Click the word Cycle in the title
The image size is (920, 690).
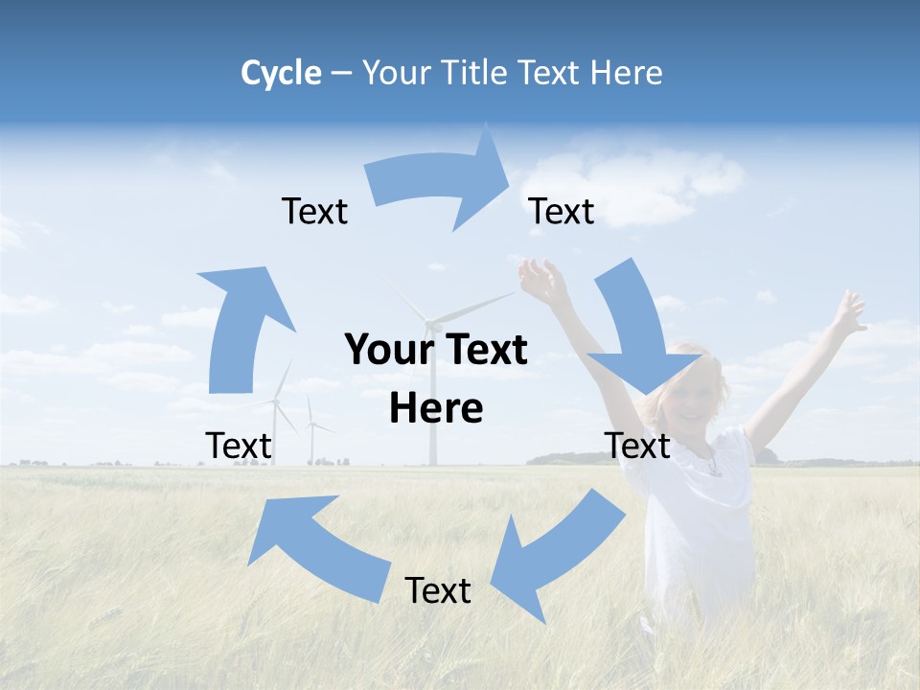[281, 73]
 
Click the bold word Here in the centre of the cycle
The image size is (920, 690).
[436, 409]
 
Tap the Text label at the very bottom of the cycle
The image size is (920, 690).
[438, 591]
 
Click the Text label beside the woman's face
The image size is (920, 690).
[638, 446]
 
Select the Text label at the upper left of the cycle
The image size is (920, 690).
[314, 212]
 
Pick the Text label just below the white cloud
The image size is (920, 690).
[562, 212]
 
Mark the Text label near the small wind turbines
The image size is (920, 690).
[239, 446]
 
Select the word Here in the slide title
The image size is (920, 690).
[625, 73]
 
